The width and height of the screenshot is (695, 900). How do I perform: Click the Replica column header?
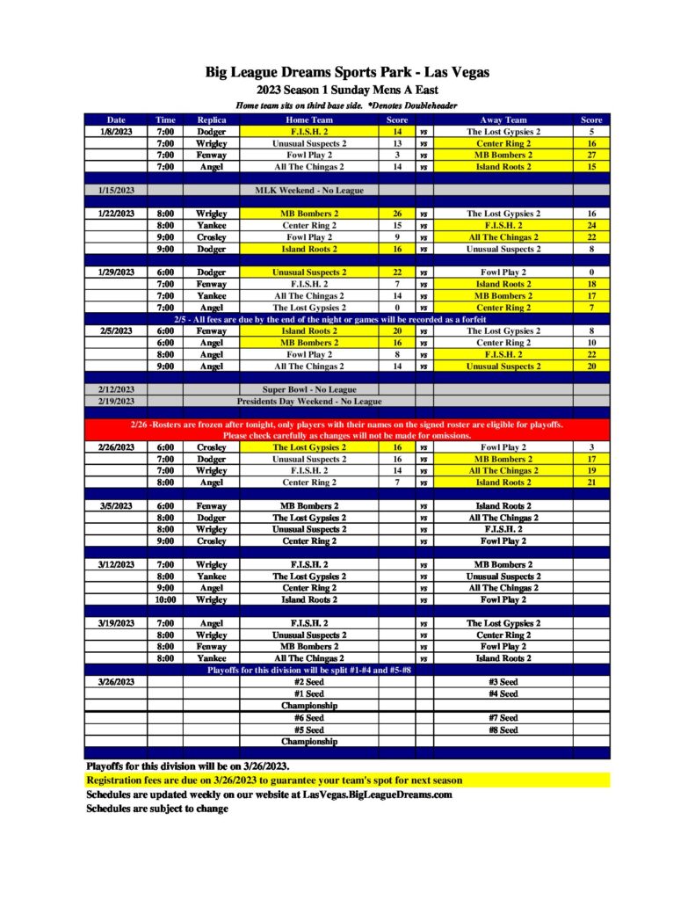click(212, 120)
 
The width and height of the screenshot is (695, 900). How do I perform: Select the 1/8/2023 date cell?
click(116, 132)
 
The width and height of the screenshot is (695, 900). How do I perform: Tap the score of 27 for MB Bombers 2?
click(591, 155)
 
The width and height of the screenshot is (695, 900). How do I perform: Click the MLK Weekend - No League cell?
click(309, 190)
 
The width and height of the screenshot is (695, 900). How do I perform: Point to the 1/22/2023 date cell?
click(116, 214)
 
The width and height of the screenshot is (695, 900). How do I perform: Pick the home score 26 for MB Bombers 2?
click(397, 214)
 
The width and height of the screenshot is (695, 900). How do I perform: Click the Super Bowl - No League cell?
click(309, 389)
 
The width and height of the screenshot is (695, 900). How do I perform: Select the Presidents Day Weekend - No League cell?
click(309, 401)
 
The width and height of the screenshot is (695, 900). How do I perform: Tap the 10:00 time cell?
click(165, 599)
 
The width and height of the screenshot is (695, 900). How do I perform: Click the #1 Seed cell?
click(309, 693)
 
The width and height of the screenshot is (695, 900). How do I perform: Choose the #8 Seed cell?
click(503, 729)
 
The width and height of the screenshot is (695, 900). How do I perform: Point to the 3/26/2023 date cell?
click(116, 682)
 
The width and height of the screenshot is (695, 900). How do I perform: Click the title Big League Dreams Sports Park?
click(347, 72)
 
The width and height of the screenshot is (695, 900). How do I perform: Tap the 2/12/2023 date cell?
click(116, 389)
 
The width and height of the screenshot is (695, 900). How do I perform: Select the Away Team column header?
click(503, 120)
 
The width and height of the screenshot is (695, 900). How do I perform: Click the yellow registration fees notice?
click(274, 780)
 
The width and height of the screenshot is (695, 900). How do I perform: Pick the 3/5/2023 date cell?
click(116, 506)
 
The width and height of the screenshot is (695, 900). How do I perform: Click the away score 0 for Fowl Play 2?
click(591, 272)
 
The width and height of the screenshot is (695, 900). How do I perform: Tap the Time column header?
click(165, 120)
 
